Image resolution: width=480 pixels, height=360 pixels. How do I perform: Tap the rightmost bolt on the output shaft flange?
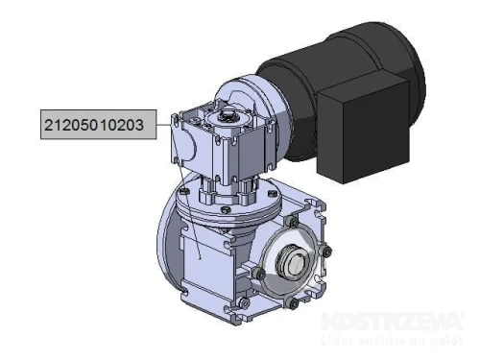(328, 252)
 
